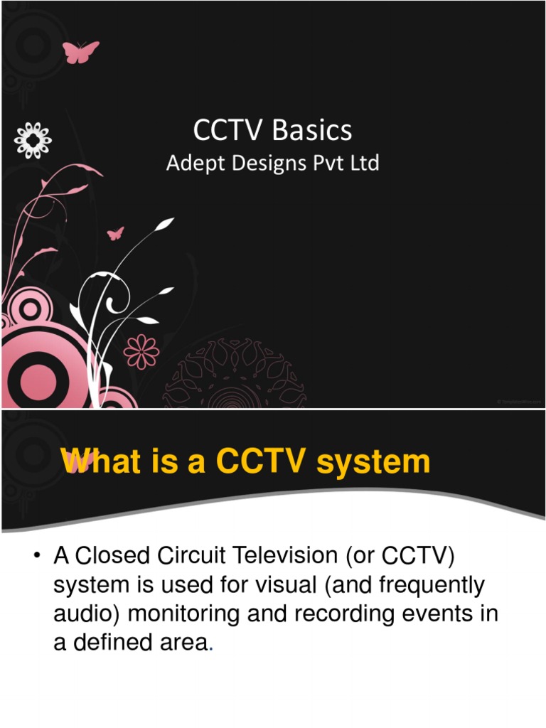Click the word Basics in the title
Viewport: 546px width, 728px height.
coord(314,130)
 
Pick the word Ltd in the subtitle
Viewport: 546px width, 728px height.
coord(364,164)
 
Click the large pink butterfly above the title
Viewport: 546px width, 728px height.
coord(81,51)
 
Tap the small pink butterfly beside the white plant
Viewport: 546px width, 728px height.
coord(115,233)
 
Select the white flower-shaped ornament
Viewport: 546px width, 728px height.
coord(33,139)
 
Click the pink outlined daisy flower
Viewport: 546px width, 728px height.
coord(141,350)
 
